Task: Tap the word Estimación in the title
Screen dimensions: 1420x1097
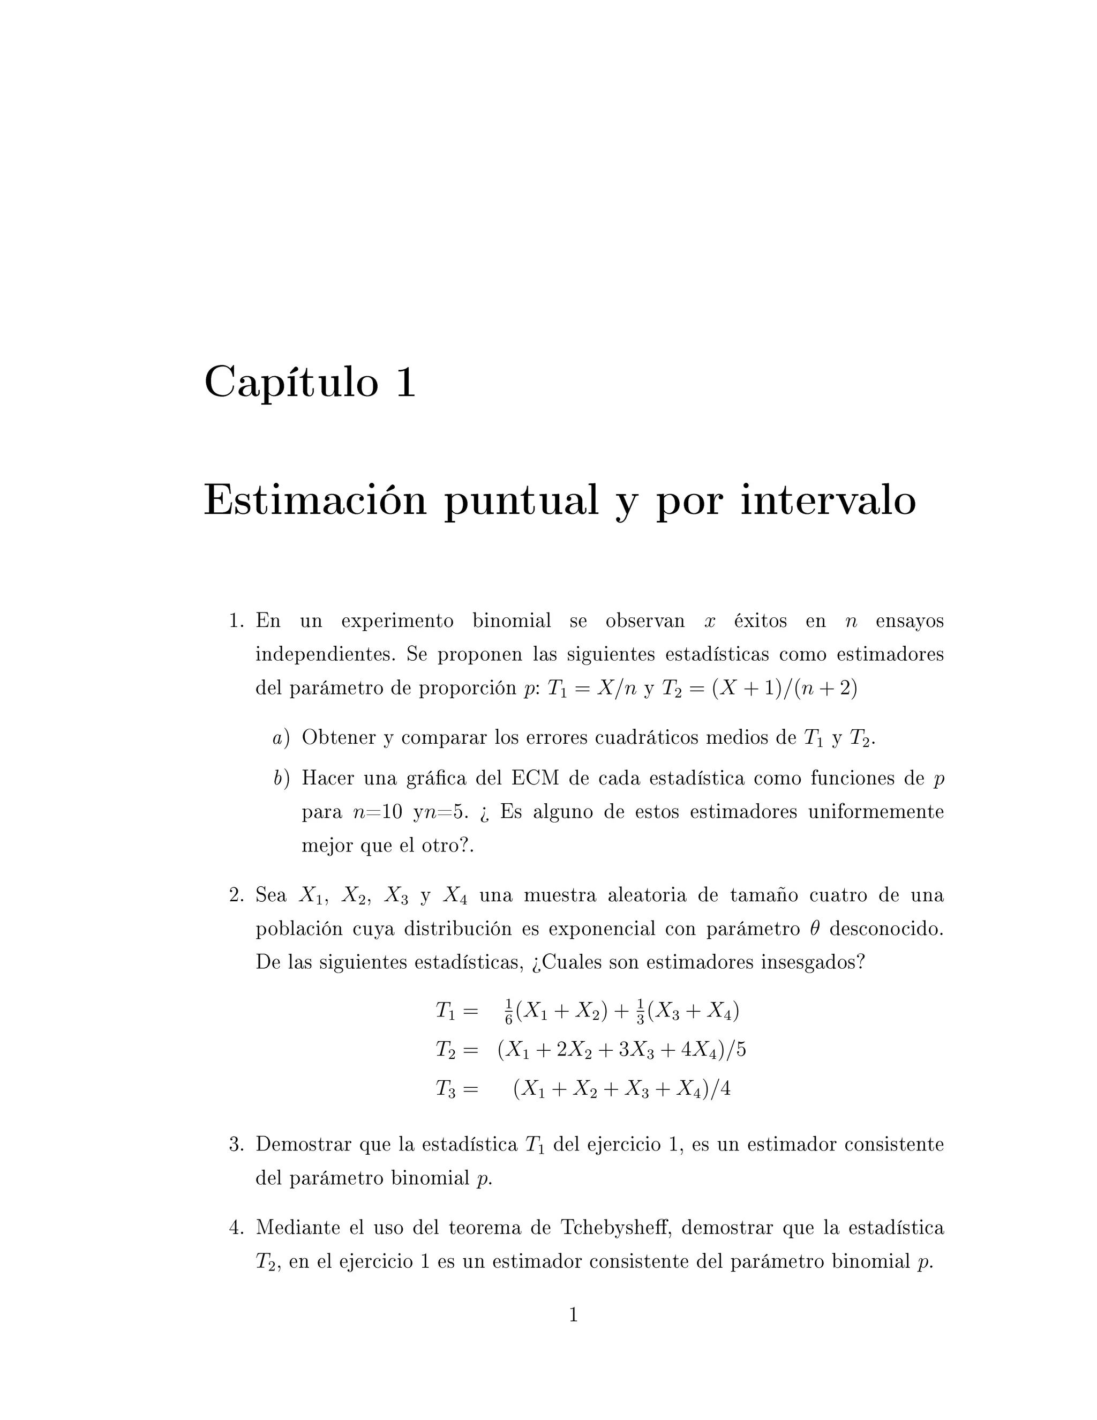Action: pos(315,502)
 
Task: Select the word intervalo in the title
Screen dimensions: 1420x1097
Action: pos(828,502)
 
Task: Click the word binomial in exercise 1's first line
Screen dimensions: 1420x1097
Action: pos(512,621)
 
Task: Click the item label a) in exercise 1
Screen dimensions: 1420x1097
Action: pos(281,738)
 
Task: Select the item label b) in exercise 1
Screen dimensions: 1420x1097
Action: pos(281,778)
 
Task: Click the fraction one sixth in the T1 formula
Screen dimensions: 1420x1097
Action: pos(509,1012)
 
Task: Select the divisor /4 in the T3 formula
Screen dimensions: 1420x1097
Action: pos(722,1088)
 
